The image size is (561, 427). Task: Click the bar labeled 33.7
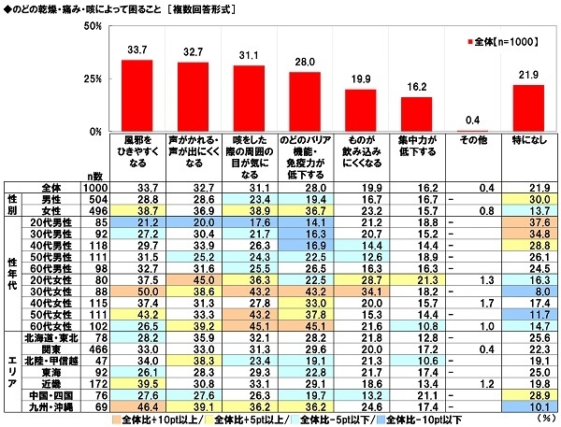(x=137, y=94)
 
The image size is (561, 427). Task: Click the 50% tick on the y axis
(x=92, y=27)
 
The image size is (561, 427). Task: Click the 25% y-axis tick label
(x=92, y=78)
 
